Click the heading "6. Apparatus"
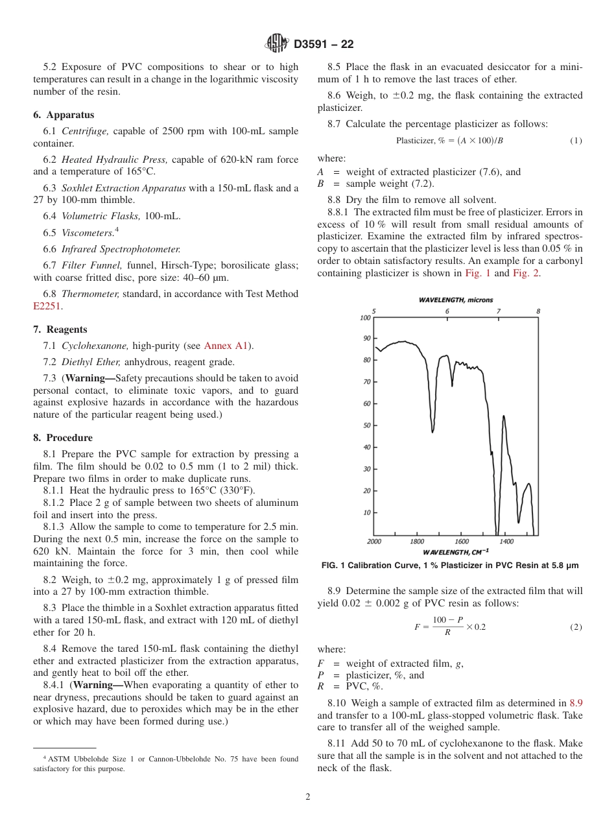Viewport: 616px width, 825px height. click(64, 115)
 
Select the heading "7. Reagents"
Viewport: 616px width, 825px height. click(60, 329)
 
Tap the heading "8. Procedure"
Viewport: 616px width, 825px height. click(63, 438)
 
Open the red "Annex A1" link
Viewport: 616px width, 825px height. click(227, 346)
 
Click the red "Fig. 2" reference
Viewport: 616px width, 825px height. click(526, 273)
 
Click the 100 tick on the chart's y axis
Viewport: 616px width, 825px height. click(365, 318)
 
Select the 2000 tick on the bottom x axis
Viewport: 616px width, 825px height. click(374, 542)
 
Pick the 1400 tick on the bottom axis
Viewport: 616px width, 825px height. click(506, 542)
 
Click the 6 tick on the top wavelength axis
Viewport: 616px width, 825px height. click(447, 311)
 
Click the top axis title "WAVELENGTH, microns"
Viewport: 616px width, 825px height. click(455, 300)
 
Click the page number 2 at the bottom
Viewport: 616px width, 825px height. click(308, 797)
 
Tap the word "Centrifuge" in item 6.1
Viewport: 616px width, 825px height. click(82, 131)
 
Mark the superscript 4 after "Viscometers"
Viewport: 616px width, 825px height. click(117, 230)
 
